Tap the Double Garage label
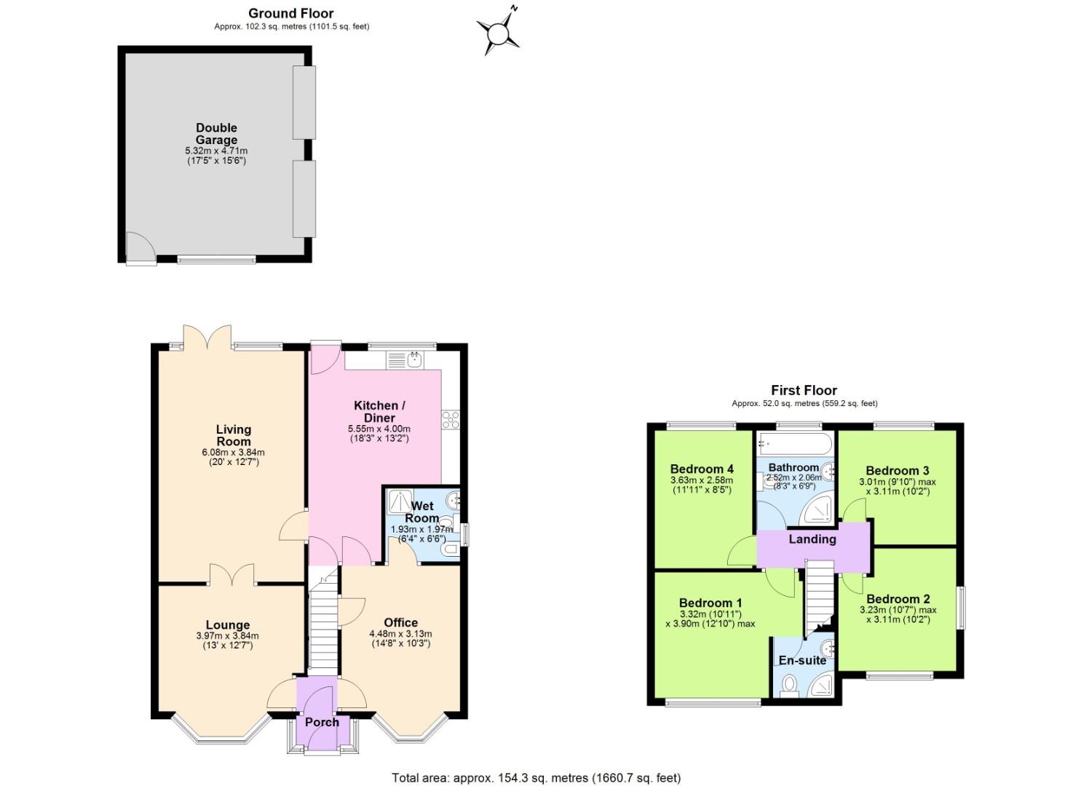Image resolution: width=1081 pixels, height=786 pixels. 216,134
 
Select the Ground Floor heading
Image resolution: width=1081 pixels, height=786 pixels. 290,13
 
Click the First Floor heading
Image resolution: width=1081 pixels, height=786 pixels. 804,390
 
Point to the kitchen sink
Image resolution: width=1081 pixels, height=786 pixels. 413,358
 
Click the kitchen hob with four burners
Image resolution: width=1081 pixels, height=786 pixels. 450,420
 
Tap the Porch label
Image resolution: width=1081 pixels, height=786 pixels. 322,722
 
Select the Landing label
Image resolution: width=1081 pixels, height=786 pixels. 812,539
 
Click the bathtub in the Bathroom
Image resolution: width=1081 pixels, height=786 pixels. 794,442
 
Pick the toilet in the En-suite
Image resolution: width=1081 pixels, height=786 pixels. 788,685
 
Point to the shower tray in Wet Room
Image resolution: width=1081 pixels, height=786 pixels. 400,501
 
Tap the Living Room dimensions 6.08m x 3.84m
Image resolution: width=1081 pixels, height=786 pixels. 233,452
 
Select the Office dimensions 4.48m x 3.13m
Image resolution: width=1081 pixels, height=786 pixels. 400,634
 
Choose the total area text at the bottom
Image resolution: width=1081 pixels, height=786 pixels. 536,778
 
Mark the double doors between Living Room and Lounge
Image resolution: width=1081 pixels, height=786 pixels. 232,575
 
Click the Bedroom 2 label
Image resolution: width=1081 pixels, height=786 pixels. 898,599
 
